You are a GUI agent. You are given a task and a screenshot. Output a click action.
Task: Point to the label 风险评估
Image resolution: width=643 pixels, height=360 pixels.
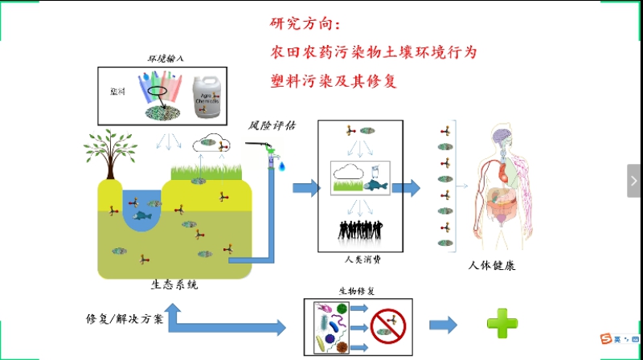(272, 125)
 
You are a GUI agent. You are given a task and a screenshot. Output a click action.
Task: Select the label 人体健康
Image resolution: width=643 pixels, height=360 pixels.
(491, 265)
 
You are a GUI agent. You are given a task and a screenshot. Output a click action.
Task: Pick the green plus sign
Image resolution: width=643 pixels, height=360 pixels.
(502, 323)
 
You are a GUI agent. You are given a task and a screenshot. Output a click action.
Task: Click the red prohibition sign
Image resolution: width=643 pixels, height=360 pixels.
(387, 325)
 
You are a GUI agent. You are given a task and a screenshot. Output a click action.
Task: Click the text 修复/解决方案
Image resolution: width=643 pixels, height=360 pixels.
(124, 318)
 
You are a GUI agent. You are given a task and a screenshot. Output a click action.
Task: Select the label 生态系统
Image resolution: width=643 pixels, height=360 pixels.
(174, 284)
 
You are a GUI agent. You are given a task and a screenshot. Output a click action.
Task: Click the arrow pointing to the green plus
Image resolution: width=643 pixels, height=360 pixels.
(443, 325)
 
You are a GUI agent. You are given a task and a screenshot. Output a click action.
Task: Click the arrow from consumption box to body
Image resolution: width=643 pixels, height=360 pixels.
(406, 189)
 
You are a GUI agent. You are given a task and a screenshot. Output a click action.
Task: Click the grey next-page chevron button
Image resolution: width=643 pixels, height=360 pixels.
(633, 181)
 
